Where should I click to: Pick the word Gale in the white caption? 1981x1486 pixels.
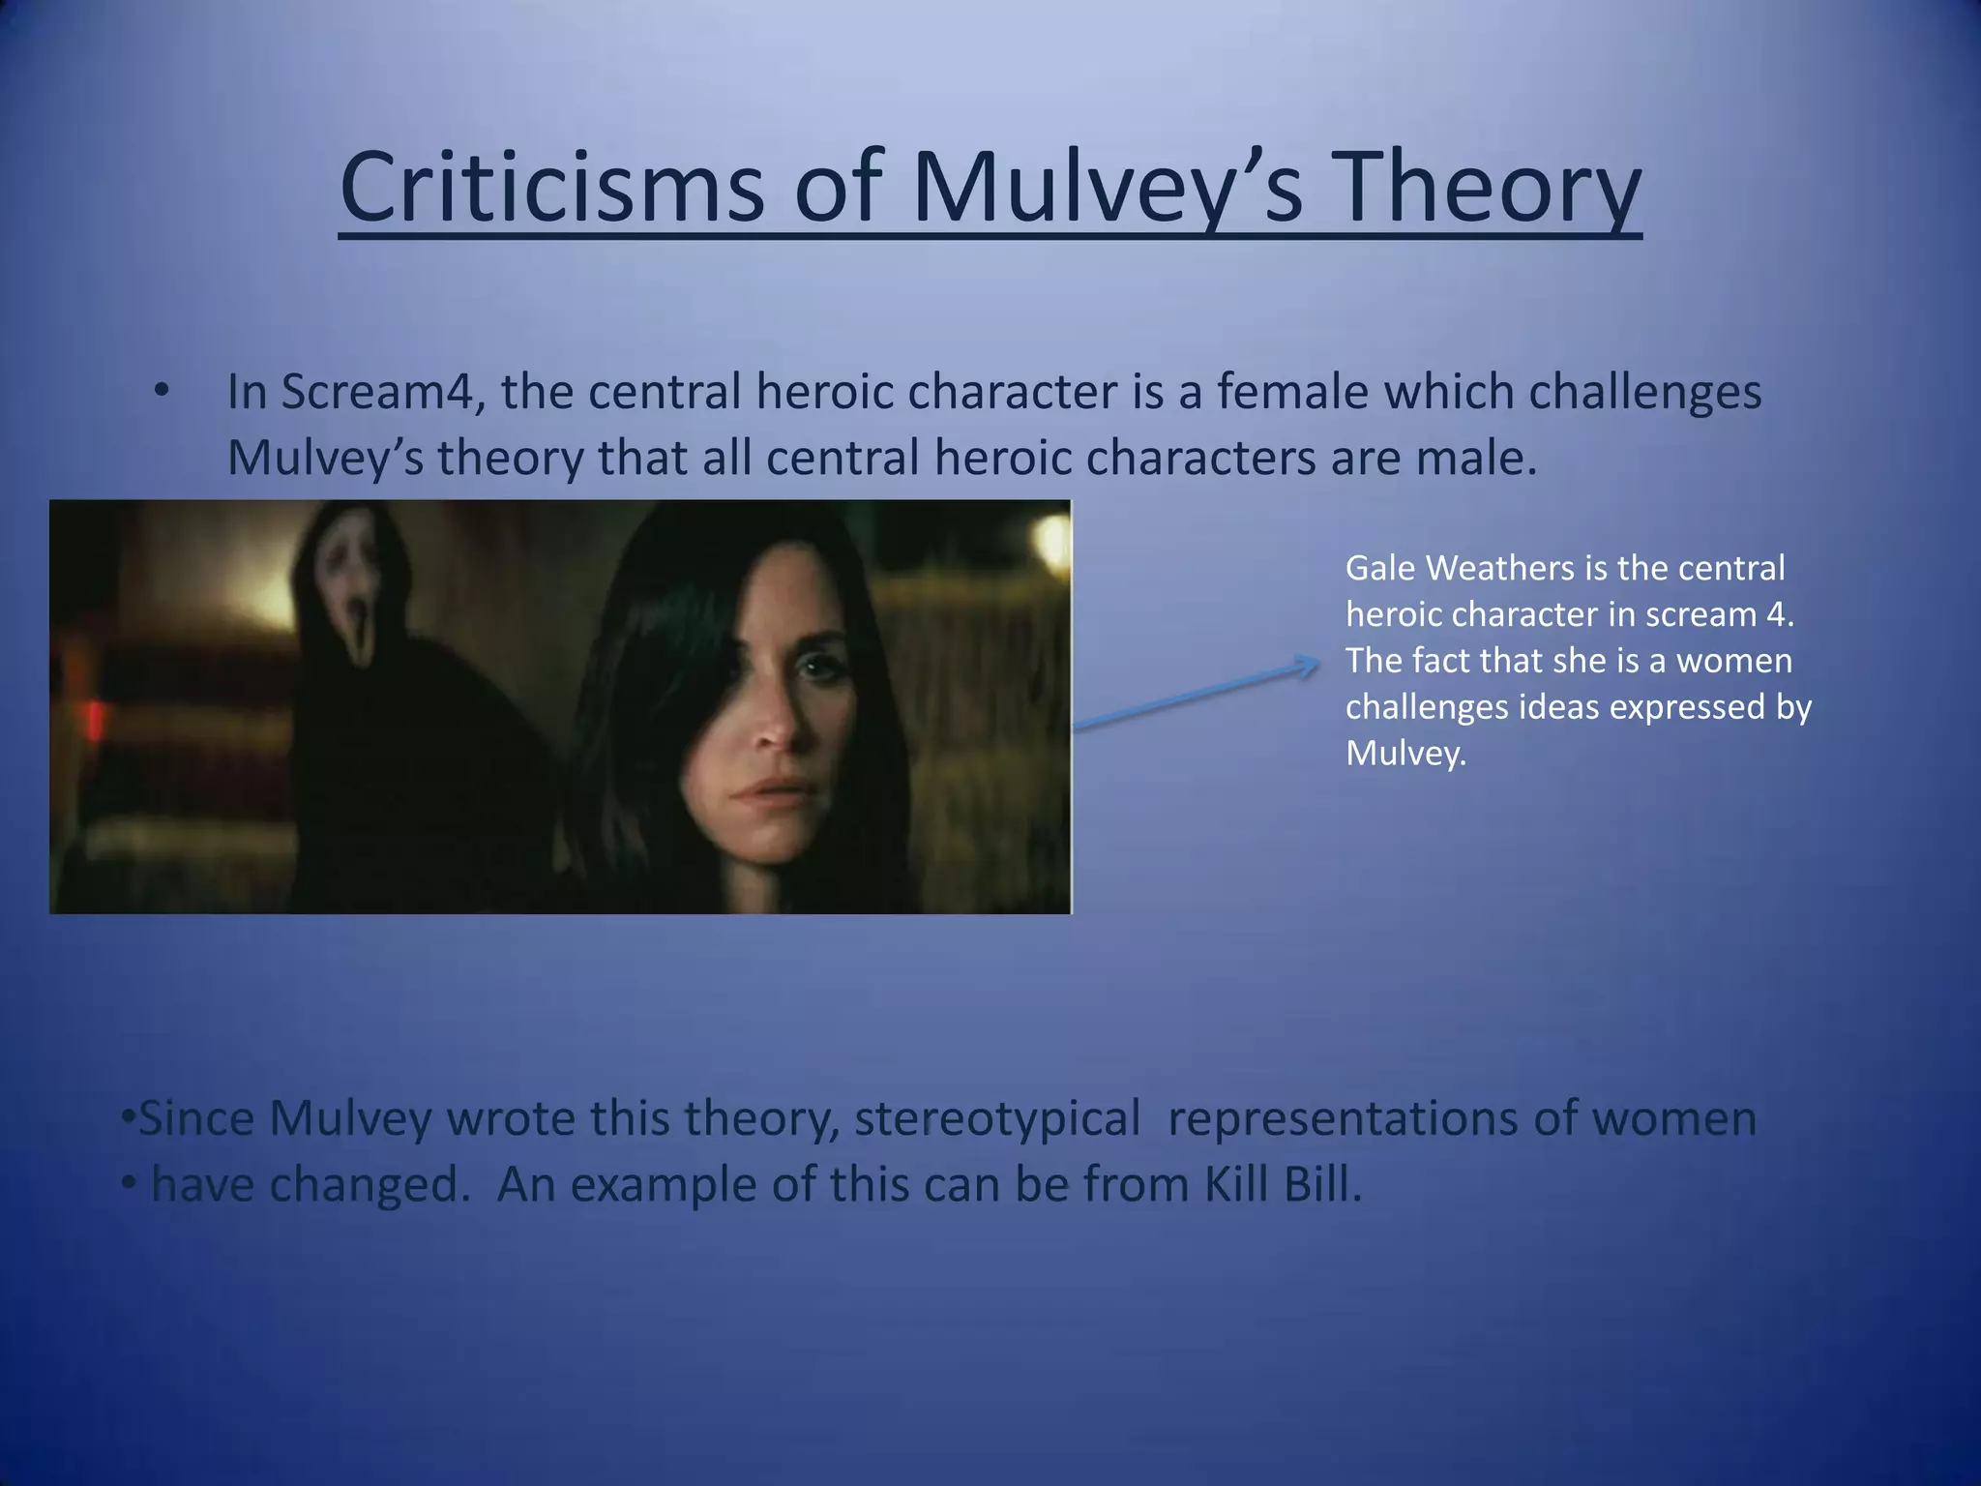(x=1380, y=568)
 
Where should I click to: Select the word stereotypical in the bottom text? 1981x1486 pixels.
(x=996, y=1119)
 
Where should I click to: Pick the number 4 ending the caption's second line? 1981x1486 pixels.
(x=1786, y=614)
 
